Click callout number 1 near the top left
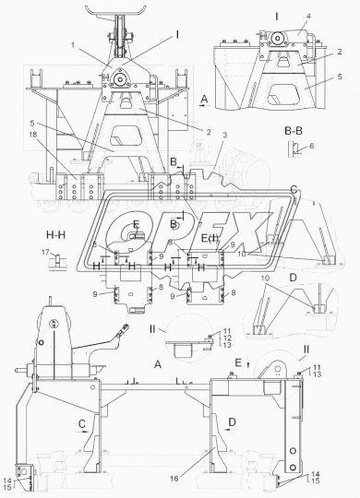[x=73, y=45]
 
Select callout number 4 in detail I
[x=309, y=16]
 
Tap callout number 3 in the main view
[x=225, y=136]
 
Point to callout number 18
[x=32, y=135]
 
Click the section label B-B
[x=294, y=131]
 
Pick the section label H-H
[x=56, y=235]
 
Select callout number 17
[x=46, y=252]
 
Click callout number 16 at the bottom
[x=174, y=479]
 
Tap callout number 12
[x=227, y=338]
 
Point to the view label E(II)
[x=210, y=238]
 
